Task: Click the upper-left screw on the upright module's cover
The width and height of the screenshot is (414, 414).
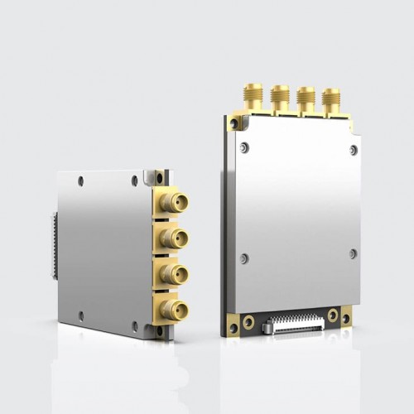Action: tap(243, 147)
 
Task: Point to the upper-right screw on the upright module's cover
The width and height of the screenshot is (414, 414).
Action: tap(354, 150)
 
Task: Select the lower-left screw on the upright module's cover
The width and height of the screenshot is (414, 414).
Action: tap(243, 258)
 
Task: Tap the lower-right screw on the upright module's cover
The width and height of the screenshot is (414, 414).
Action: tap(354, 253)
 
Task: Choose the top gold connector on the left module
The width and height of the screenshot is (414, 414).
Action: tap(175, 200)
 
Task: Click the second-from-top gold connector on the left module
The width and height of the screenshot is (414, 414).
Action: tap(175, 238)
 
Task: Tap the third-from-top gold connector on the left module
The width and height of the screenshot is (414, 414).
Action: tap(175, 274)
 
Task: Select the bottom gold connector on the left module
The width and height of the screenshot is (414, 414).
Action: tap(175, 310)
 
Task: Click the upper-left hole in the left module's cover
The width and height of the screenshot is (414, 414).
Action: tap(80, 180)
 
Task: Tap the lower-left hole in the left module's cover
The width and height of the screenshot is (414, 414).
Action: tap(80, 315)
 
